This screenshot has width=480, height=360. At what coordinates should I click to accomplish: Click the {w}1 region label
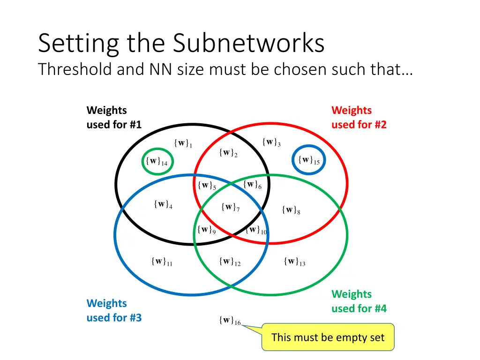[x=183, y=143]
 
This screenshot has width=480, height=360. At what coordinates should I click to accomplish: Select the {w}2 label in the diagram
[x=228, y=153]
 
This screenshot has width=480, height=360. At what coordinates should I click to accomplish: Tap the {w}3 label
[x=271, y=142]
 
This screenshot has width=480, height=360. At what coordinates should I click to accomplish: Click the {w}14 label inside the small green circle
[x=157, y=161]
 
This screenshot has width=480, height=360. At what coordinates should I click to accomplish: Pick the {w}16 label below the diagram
[x=229, y=321]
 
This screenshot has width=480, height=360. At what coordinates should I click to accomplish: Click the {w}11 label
[x=162, y=262]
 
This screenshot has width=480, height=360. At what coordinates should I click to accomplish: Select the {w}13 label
[x=294, y=262]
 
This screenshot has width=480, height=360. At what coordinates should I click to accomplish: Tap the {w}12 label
[x=230, y=262]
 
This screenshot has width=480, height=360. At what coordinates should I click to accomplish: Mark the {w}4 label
[x=163, y=204]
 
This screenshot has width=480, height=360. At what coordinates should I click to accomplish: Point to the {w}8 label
[x=291, y=210]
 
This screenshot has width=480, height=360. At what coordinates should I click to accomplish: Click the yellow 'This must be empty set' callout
[x=328, y=337]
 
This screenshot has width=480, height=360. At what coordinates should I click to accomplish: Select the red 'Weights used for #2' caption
[x=359, y=117]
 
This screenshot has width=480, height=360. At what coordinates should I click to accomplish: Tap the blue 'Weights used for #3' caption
[x=114, y=310]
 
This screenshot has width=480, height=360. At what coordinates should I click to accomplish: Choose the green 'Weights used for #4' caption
[x=359, y=301]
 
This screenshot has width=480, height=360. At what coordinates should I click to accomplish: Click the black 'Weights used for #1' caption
[x=114, y=117]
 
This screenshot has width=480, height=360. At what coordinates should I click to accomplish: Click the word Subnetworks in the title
[x=248, y=44]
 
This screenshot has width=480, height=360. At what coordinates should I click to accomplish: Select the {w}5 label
[x=207, y=185]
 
